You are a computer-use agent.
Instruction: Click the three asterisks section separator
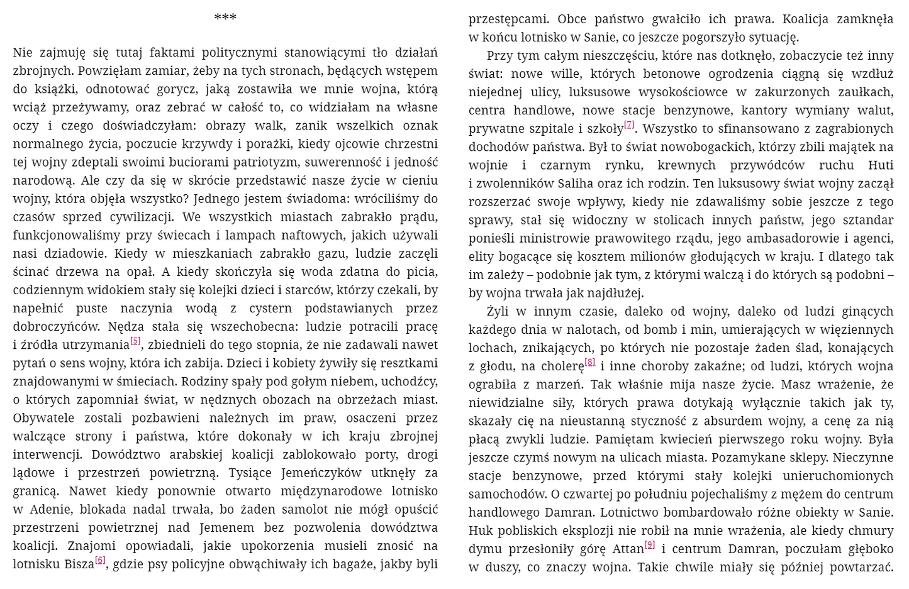tap(225, 17)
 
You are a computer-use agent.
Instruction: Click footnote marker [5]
tap(136, 341)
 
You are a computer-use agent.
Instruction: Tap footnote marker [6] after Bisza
tap(100, 560)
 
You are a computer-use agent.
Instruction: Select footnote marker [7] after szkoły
tap(629, 125)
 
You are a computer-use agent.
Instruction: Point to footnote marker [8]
tap(589, 362)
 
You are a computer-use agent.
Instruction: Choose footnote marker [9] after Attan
tap(650, 545)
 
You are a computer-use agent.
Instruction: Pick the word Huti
tap(881, 165)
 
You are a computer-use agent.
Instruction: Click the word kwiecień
tap(677, 439)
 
